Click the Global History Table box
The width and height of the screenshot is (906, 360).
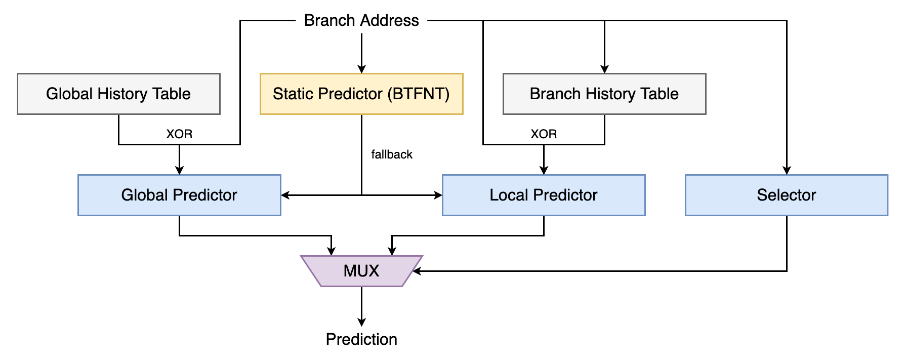point(118,94)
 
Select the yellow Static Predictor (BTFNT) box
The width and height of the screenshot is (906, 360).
point(361,94)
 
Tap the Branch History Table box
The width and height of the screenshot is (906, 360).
point(604,94)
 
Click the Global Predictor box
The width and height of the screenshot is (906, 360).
point(179,195)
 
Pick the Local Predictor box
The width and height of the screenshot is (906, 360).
point(544,195)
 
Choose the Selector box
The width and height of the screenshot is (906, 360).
point(787,195)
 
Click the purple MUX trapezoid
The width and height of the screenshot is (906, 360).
point(361,271)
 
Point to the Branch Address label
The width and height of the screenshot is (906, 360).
point(361,20)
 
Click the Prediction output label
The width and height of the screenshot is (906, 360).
point(361,339)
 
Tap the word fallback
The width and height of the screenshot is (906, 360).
point(392,154)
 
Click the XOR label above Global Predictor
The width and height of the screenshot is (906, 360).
point(179,134)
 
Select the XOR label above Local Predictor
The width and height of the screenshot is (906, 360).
point(544,134)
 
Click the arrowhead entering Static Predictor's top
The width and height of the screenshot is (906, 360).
point(361,69)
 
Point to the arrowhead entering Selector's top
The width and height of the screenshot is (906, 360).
point(787,170)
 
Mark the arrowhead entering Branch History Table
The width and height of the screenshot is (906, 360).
point(604,69)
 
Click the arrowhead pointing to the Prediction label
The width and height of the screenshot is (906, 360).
point(361,322)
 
